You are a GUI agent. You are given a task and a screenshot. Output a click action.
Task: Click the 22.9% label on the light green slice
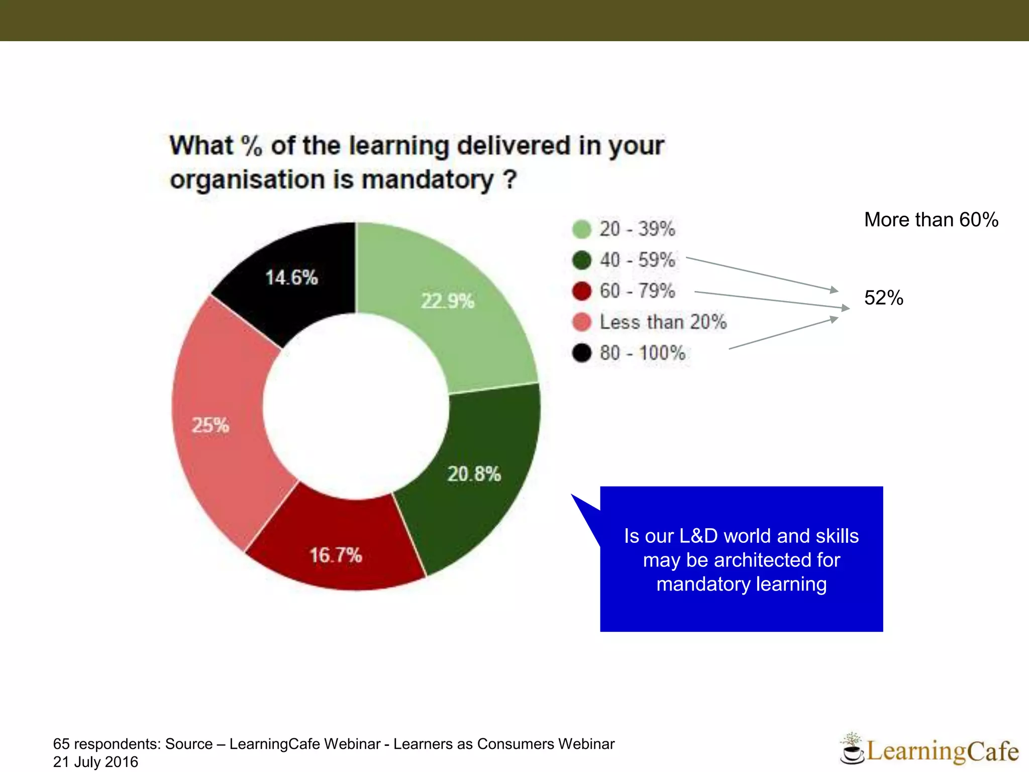coord(447,301)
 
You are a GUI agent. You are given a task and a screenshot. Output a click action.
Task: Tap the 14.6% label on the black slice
coord(291,277)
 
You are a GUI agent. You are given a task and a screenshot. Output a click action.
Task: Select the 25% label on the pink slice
coord(211,425)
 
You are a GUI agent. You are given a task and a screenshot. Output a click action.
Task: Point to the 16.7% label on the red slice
coord(336,555)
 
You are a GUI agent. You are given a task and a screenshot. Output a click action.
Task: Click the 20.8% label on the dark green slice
coord(474,474)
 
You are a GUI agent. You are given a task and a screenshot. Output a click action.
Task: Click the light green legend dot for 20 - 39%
coord(582,229)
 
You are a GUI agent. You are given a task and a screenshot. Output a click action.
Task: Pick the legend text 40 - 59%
coord(637,260)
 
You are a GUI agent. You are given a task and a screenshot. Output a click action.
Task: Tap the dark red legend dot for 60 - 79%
coord(582,291)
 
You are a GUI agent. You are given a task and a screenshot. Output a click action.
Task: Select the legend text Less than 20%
coord(663,322)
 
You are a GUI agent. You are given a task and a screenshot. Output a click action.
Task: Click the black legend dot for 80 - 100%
coord(582,353)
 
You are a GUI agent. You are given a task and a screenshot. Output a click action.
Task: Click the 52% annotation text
coord(883,298)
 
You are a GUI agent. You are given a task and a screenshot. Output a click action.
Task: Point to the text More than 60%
coord(931,220)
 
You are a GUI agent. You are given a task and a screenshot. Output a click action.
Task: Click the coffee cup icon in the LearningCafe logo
coord(851,751)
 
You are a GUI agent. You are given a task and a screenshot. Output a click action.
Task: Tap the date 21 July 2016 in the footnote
coord(95,762)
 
